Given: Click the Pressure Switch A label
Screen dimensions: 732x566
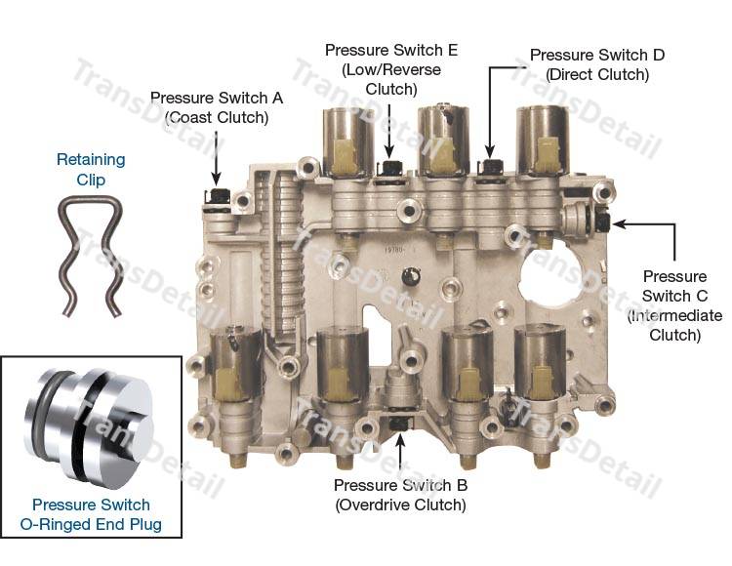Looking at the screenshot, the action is click(217, 107).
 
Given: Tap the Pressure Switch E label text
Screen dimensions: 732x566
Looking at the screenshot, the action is click(391, 69).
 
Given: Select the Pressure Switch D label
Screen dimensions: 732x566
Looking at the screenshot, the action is click(597, 64).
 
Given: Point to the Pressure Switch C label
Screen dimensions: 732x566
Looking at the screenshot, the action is click(674, 305).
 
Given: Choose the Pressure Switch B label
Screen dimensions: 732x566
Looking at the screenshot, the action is click(400, 495).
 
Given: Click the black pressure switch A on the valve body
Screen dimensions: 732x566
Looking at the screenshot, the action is click(218, 196).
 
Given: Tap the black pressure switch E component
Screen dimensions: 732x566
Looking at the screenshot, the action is click(389, 166).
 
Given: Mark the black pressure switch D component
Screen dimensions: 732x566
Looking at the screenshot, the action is click(491, 166).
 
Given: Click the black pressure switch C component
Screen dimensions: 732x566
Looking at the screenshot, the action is click(603, 221).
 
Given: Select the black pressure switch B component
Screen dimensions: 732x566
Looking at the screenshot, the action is click(399, 424).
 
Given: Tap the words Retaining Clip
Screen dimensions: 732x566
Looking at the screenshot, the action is click(91, 170).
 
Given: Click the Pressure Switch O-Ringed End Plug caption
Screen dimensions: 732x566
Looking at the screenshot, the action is click(91, 514).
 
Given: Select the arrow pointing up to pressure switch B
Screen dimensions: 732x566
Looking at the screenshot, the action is click(399, 451).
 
